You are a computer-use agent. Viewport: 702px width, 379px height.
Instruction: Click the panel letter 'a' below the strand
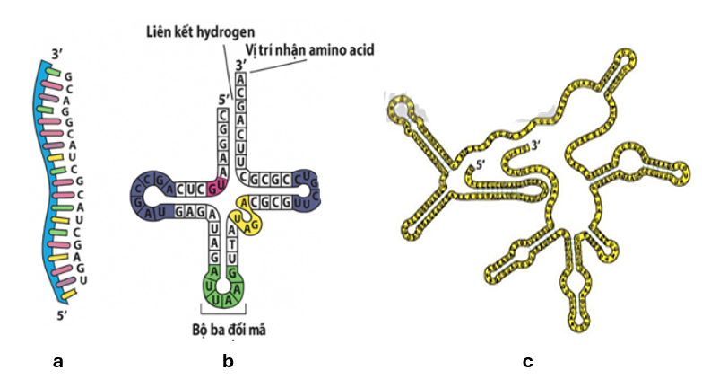(x=58, y=361)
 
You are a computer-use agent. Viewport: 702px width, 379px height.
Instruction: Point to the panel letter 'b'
(x=228, y=361)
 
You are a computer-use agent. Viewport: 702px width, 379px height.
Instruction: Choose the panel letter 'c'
(x=527, y=361)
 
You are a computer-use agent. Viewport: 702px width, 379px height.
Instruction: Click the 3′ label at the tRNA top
(x=238, y=65)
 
